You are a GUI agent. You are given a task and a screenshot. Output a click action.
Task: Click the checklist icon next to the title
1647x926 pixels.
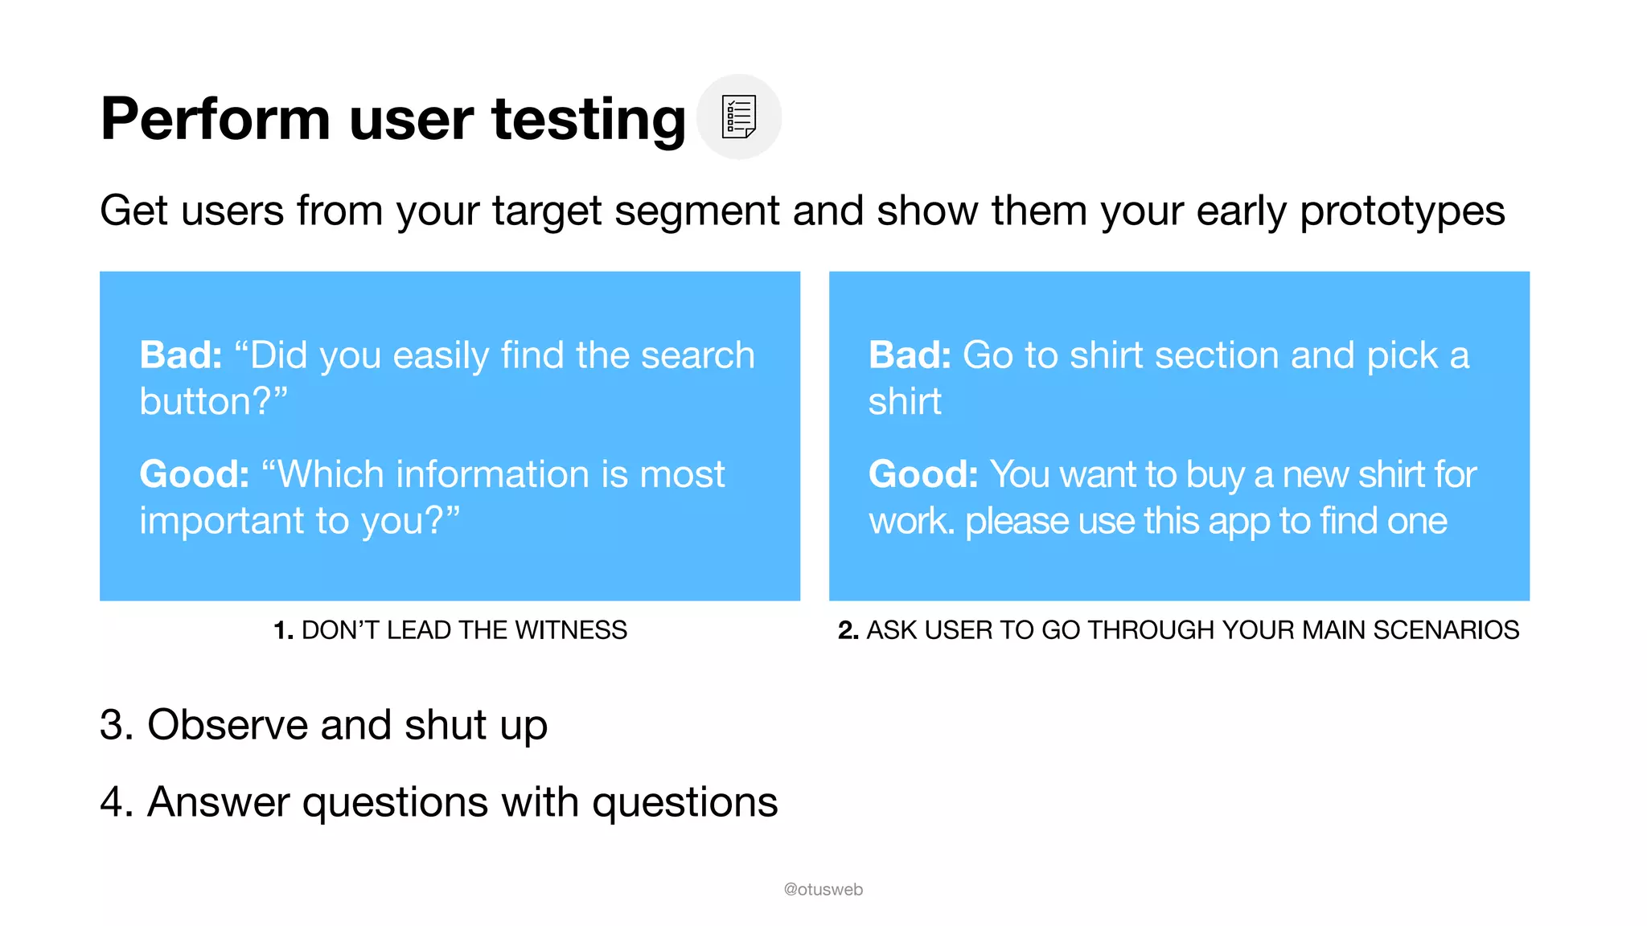tap(738, 117)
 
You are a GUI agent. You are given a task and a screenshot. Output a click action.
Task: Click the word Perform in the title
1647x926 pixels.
tap(215, 119)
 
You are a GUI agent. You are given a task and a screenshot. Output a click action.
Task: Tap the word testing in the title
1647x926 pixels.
tap(589, 119)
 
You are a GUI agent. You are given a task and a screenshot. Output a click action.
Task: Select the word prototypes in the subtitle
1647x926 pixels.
tap(1402, 211)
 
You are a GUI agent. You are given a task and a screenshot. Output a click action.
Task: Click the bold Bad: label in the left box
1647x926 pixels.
tap(181, 355)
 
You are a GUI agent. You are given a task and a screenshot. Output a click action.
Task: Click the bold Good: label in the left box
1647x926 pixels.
tap(195, 474)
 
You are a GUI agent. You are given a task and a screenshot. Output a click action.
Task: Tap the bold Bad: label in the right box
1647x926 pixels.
tap(910, 355)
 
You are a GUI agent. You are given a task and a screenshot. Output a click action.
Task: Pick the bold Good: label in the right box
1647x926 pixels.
tap(923, 474)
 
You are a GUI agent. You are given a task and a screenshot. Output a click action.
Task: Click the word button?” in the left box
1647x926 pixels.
tap(213, 401)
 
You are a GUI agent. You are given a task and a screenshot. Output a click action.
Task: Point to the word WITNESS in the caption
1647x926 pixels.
tap(570, 630)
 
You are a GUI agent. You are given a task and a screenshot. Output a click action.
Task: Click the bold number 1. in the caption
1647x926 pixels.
tap(283, 630)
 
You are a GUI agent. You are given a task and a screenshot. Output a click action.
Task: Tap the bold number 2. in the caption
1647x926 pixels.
tap(848, 630)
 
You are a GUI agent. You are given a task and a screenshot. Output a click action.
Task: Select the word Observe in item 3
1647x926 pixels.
tap(228, 725)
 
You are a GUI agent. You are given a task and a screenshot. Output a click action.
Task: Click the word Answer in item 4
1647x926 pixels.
tap(218, 802)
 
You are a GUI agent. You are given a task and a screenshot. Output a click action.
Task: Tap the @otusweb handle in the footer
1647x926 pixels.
tap(823, 890)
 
